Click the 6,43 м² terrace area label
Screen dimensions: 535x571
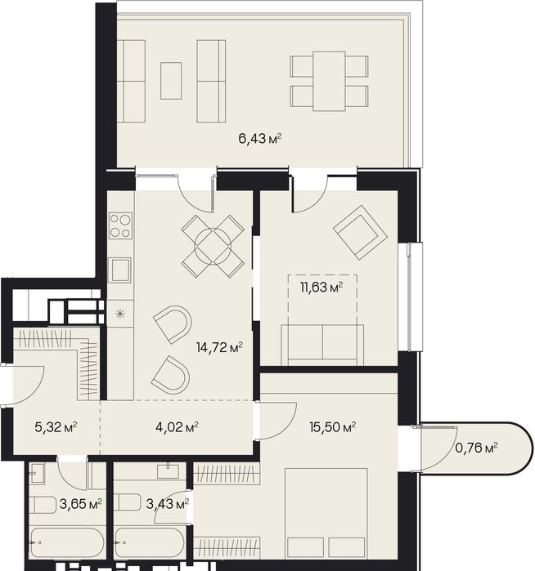pyautogui.click(x=260, y=138)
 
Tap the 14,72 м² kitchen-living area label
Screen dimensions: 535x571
pyautogui.click(x=219, y=347)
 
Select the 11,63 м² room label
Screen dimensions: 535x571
pyautogui.click(x=321, y=288)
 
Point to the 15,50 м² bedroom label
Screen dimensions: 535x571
pyautogui.click(x=333, y=426)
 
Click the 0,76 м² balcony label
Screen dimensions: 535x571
pyautogui.click(x=477, y=447)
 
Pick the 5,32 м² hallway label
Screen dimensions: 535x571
pyautogui.click(x=56, y=426)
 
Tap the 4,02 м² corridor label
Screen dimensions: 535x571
pyautogui.click(x=177, y=426)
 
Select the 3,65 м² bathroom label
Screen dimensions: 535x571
pyautogui.click(x=81, y=504)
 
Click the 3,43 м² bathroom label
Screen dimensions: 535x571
pyautogui.click(x=168, y=504)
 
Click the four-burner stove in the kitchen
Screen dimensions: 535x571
pyautogui.click(x=120, y=225)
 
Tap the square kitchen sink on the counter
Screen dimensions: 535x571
pyautogui.click(x=120, y=270)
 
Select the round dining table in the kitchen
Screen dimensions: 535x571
pyautogui.click(x=213, y=246)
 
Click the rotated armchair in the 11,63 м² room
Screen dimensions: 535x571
pyautogui.click(x=360, y=232)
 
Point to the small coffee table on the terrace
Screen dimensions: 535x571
pyautogui.click(x=171, y=81)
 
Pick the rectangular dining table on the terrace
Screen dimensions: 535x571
pyautogui.click(x=329, y=81)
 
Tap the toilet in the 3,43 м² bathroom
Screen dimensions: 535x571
pyautogui.click(x=127, y=503)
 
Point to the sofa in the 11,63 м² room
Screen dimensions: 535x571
pyautogui.click(x=322, y=345)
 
